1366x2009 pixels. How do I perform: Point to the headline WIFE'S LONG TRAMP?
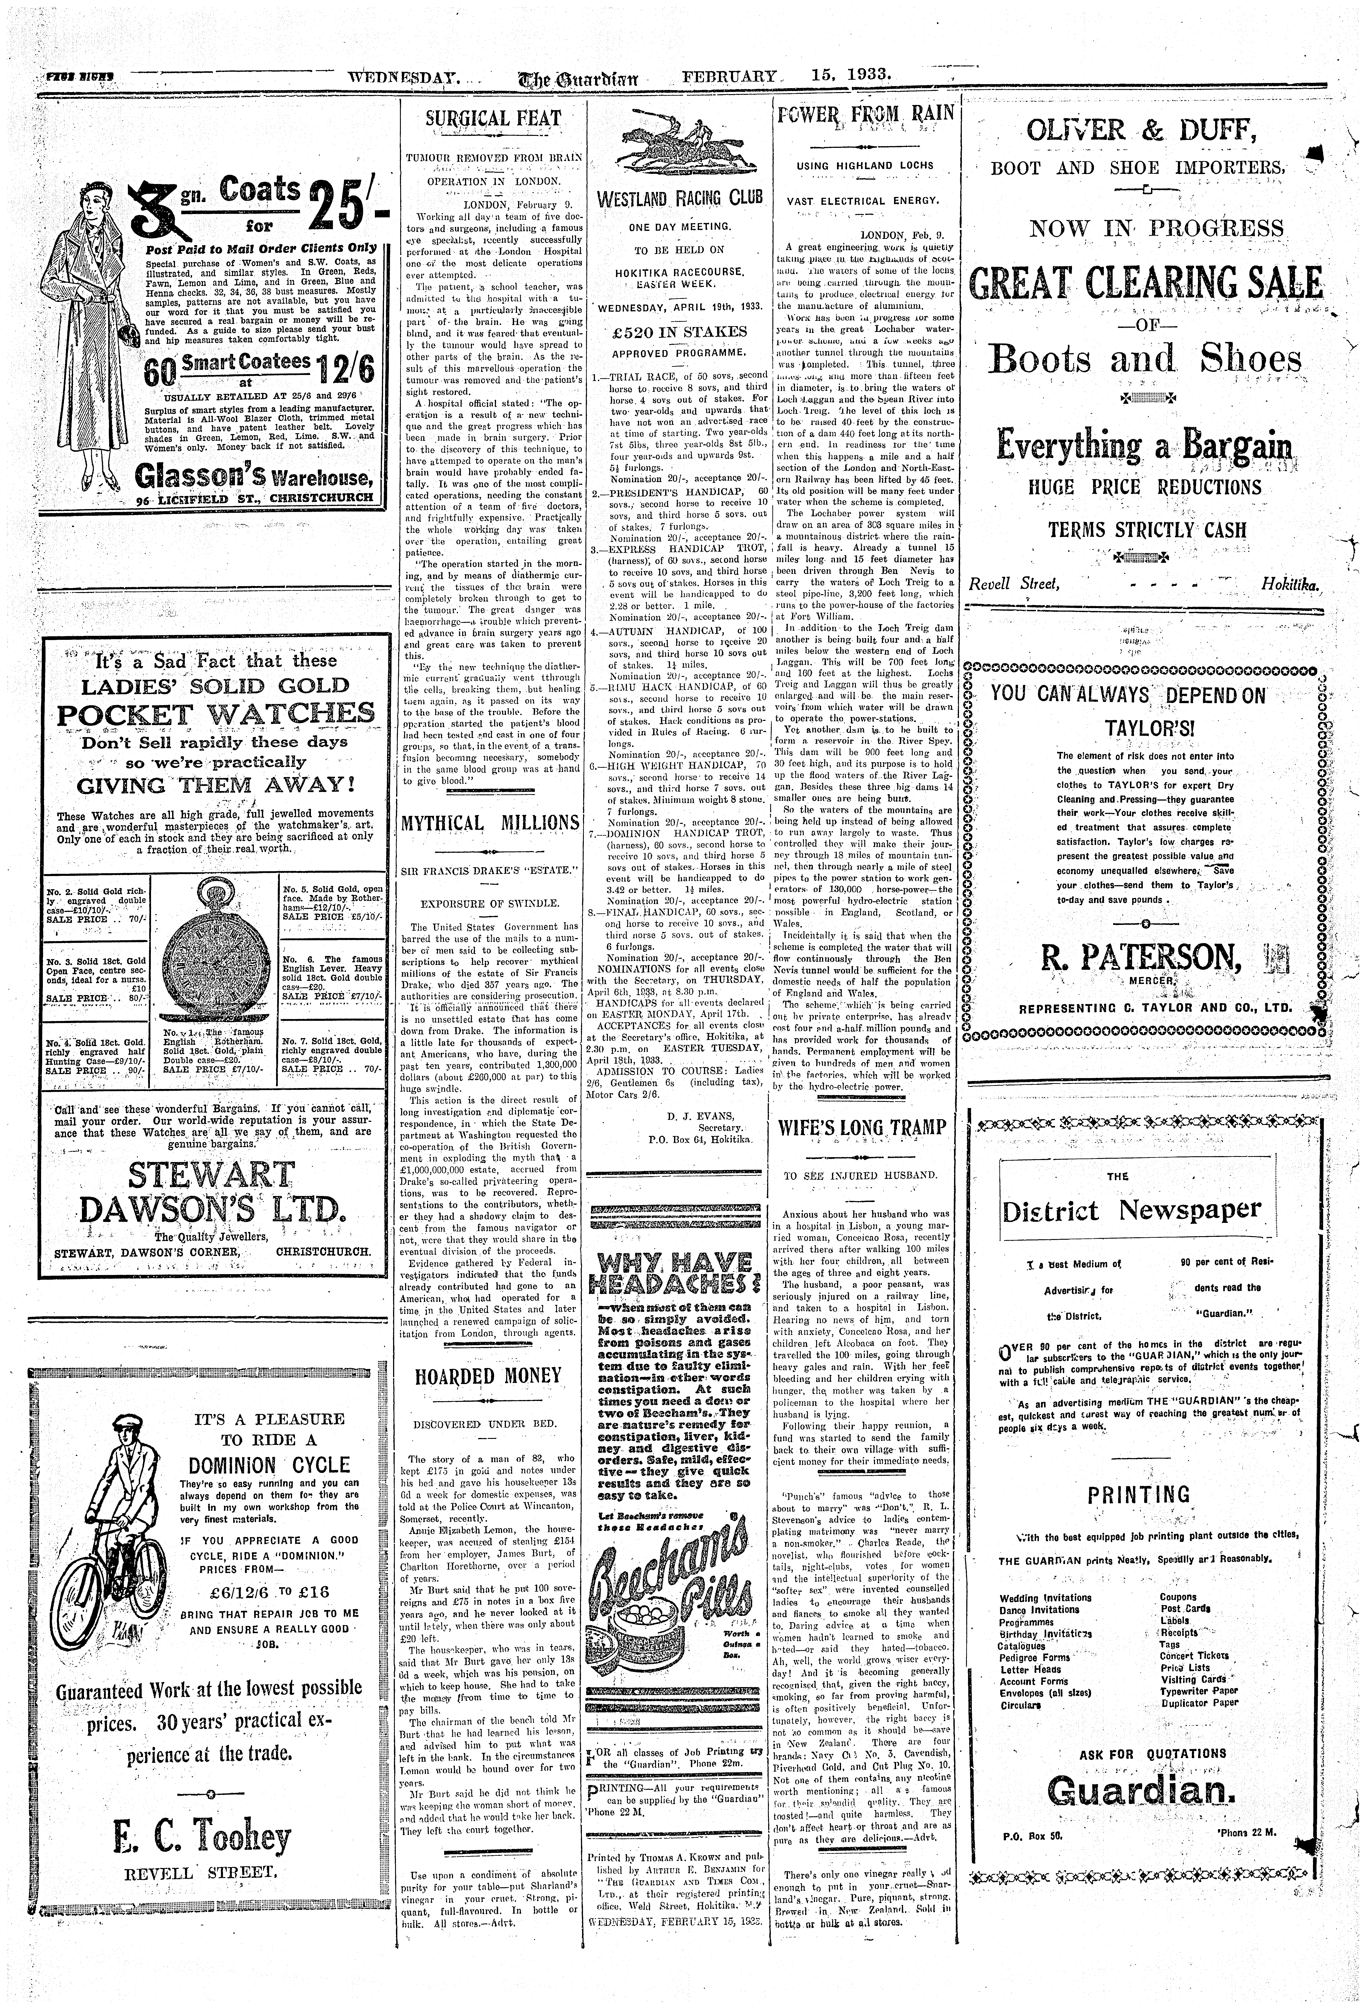862,1128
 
